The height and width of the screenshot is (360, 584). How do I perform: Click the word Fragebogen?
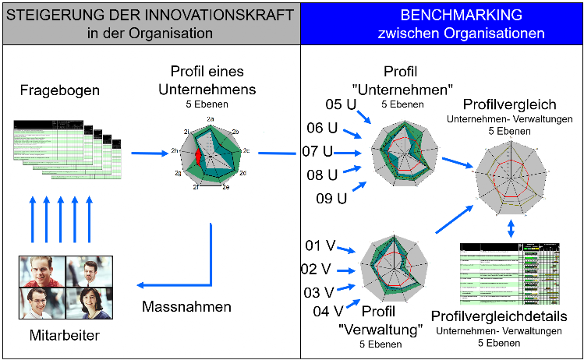(60, 91)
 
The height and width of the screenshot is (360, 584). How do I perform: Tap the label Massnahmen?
(186, 307)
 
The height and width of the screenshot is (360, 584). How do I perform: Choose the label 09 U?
(331, 198)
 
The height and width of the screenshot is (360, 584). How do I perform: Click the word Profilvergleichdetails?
(498, 316)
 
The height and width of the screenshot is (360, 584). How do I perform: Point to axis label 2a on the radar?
(211, 118)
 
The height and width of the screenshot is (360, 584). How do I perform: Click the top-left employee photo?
(41, 270)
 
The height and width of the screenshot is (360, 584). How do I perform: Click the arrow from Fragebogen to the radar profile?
(149, 153)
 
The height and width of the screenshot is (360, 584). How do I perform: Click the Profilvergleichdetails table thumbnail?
(510, 273)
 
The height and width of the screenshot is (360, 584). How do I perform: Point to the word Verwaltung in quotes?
(382, 330)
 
